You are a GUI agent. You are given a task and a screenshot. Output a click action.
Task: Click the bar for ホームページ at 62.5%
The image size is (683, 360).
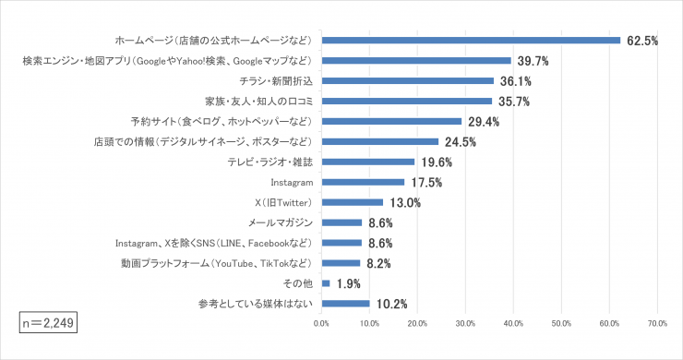471,41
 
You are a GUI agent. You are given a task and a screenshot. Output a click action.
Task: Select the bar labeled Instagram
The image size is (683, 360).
363,182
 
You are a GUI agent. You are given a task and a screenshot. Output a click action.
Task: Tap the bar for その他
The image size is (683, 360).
326,283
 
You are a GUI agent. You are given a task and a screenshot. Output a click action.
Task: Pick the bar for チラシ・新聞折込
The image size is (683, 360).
408,81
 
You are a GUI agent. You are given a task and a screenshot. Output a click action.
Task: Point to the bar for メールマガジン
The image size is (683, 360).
341,222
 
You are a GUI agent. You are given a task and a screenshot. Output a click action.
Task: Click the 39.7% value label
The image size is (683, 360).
533,61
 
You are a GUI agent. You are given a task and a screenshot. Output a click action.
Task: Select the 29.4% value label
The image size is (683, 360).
483,122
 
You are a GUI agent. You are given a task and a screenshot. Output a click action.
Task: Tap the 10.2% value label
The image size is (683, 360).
391,304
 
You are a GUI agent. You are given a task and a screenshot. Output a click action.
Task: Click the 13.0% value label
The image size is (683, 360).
404,202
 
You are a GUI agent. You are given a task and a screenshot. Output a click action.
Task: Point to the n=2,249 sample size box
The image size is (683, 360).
47,322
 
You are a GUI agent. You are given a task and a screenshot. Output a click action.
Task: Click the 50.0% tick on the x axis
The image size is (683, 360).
561,324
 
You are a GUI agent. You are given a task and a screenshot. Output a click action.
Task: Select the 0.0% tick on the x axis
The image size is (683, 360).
321,324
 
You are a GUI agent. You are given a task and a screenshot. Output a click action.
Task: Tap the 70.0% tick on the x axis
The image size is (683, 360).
657,324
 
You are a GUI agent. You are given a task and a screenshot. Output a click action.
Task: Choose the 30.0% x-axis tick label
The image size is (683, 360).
465,324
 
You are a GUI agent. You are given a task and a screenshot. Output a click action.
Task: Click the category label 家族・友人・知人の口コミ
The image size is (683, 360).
260,102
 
